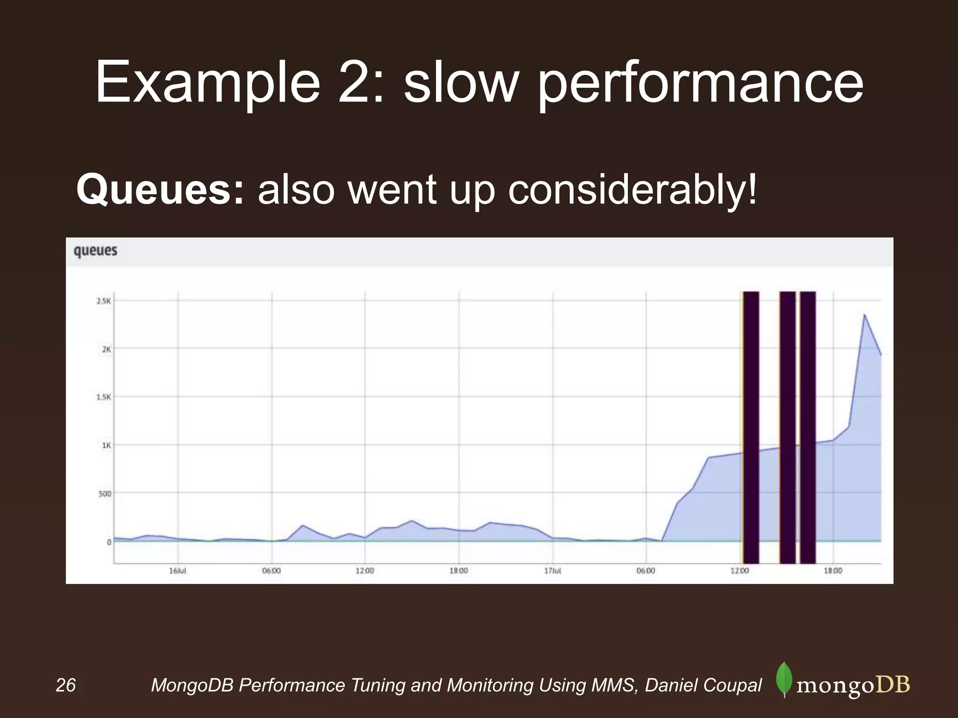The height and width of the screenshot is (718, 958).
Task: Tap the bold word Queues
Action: [160, 190]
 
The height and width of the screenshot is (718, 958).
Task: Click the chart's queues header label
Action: [95, 251]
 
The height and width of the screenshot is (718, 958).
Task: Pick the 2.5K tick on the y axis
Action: [103, 301]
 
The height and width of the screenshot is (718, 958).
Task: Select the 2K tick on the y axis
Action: [106, 349]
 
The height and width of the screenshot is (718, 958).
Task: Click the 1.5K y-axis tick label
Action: [103, 397]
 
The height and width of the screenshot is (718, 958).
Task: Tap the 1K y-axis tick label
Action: [106, 445]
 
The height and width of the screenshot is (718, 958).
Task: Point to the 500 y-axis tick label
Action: [104, 494]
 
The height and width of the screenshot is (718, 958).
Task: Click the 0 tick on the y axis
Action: [109, 542]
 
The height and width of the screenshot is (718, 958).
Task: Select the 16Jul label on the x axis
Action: [178, 571]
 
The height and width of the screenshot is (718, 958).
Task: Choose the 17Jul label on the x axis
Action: [552, 571]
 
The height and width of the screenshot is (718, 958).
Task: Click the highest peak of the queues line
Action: [864, 315]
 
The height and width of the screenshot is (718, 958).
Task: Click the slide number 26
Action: [65, 685]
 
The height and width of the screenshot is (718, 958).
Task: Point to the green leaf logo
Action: [784, 679]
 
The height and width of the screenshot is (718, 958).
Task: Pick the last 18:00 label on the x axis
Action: [833, 571]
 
